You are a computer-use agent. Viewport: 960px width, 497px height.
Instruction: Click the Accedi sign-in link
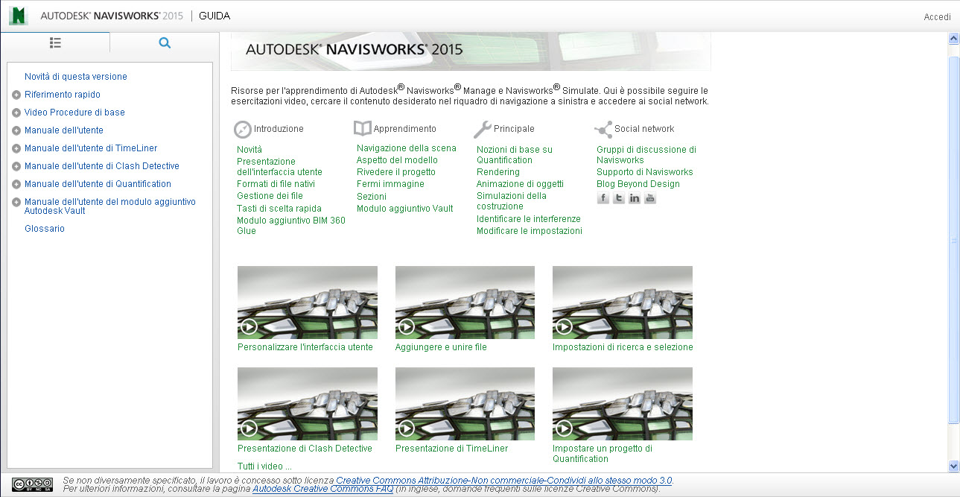pos(937,16)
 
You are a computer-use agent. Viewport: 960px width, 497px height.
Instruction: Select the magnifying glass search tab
pos(165,43)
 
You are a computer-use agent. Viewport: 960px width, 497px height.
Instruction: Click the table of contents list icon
pos(55,43)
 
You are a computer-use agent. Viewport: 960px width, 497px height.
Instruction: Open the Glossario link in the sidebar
pos(45,229)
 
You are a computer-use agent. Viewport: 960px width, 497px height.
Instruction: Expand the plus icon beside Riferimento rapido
pos(16,95)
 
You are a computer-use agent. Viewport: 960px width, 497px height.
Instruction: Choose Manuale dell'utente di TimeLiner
pos(91,148)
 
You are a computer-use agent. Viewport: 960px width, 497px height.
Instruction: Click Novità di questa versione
pos(76,76)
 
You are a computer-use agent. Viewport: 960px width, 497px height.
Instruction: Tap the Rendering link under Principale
pos(498,172)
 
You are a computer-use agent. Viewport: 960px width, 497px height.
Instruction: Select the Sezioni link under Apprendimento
pos(372,197)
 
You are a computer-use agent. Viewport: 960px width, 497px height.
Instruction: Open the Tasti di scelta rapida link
pos(279,209)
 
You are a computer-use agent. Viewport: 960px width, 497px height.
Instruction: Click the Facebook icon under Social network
pos(603,198)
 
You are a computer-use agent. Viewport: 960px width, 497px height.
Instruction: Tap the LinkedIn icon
pos(635,198)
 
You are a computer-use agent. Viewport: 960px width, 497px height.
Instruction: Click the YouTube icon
pos(650,198)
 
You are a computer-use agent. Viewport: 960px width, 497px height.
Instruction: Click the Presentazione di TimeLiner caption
pos(451,449)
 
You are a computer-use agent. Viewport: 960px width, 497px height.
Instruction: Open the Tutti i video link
pos(264,466)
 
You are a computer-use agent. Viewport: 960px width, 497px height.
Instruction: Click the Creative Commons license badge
pos(33,484)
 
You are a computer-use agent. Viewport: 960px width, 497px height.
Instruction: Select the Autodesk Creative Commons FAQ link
pos(322,489)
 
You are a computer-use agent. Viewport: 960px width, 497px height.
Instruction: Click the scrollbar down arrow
pos(953,466)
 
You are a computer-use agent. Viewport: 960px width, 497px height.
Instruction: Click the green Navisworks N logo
pos(19,16)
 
